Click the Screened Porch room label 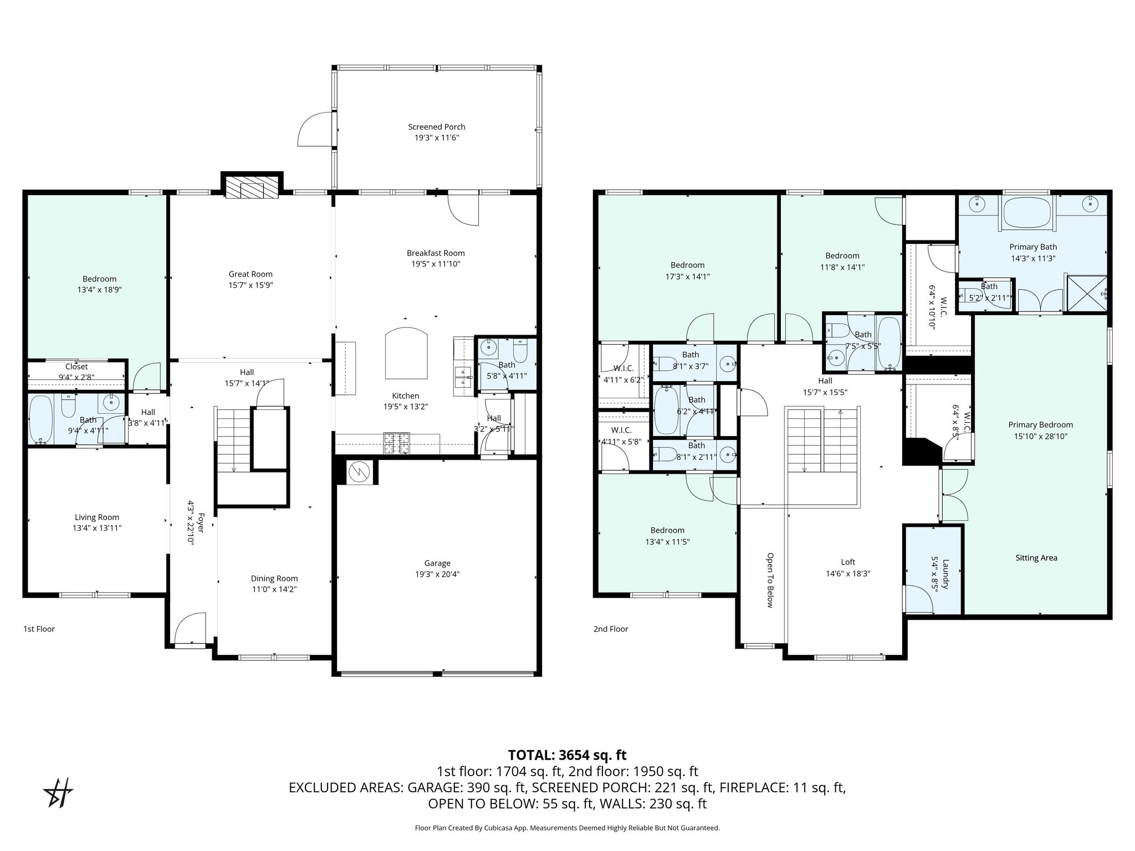click(437, 127)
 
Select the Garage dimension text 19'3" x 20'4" click(437, 574)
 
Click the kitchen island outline click(406, 352)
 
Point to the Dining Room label click(274, 578)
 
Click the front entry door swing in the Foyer click(189, 628)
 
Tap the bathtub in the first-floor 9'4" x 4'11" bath click(40, 419)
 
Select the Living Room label click(97, 517)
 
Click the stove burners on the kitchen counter click(396, 444)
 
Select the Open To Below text click(770, 580)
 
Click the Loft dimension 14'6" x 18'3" click(848, 574)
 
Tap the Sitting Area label click(1036, 558)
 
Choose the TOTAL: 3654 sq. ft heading click(567, 755)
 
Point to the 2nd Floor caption click(611, 629)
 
